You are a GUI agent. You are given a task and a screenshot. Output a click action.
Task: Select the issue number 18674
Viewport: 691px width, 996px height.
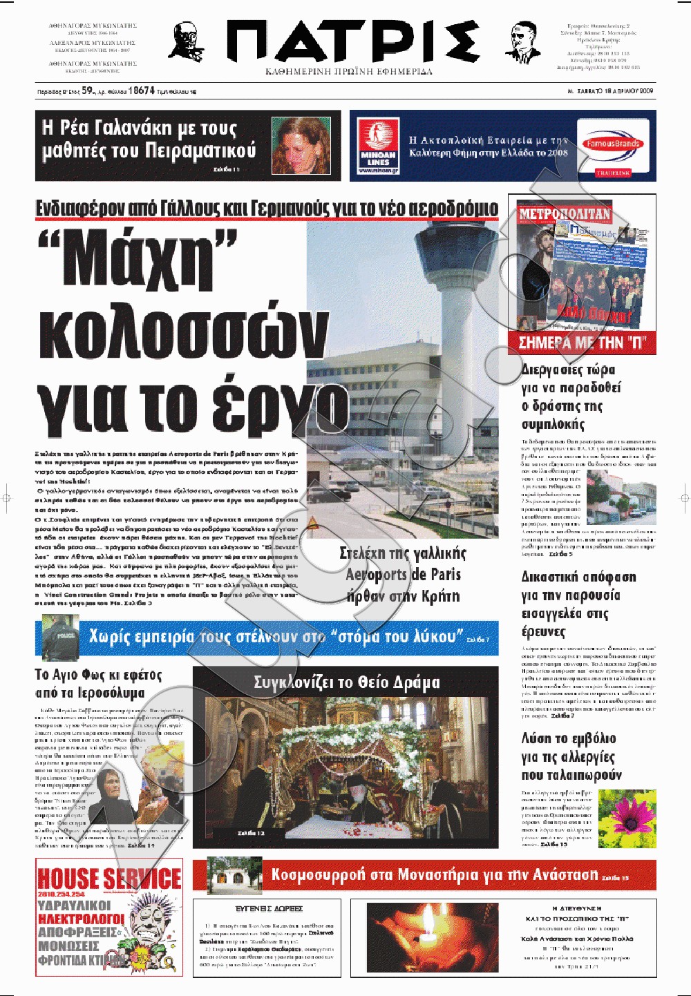coord(142,90)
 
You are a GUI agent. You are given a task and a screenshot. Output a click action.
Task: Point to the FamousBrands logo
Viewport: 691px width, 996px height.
coord(613,144)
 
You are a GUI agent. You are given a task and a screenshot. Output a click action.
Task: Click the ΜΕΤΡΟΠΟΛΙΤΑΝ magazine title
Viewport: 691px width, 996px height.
coord(565,214)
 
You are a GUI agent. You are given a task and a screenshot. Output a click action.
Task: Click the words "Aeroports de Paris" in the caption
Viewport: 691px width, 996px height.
coord(403,575)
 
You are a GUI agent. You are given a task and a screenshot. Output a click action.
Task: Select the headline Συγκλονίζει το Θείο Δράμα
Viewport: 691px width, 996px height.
coord(346,683)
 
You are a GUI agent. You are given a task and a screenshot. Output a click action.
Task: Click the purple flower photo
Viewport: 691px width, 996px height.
coord(627,819)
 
